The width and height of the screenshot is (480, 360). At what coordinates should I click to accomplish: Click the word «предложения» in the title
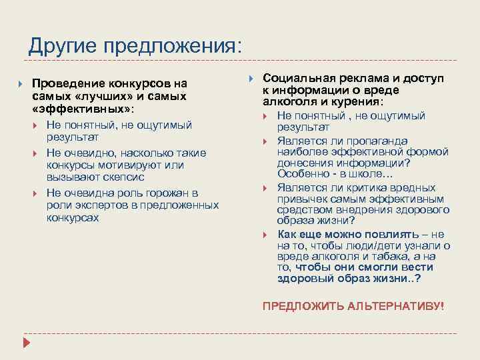click(x=167, y=47)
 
